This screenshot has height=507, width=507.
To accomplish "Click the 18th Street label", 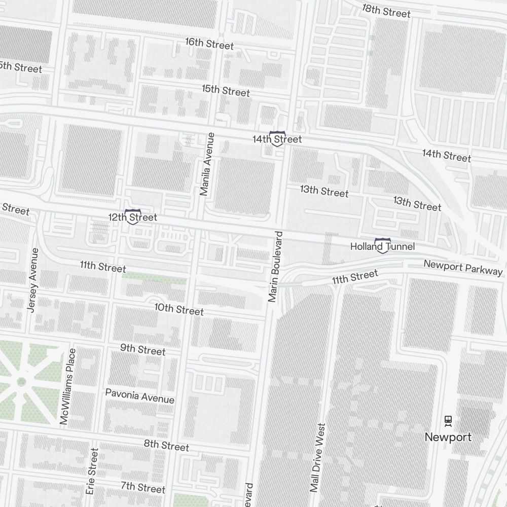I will [386, 11].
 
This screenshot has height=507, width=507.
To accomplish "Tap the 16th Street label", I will [209, 44].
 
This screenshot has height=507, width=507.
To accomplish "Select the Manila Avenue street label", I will [207, 164].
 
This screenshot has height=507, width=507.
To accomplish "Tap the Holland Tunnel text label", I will [382, 247].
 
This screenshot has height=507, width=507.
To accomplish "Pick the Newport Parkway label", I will [463, 267].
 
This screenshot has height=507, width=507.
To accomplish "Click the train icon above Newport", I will [448, 420].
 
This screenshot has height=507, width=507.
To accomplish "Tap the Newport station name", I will [448, 437].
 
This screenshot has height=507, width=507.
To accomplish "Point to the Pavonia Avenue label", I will [139, 396].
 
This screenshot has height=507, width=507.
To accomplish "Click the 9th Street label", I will [142, 349].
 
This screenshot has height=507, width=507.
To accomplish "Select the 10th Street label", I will [179, 309].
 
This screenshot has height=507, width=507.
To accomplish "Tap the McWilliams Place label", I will [67, 386].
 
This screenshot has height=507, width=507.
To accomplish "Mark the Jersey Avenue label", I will [33, 280].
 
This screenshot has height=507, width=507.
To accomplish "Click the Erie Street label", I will [92, 471].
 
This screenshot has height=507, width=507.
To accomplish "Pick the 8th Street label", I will [166, 445].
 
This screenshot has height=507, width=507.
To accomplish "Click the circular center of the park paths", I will [21, 381].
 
